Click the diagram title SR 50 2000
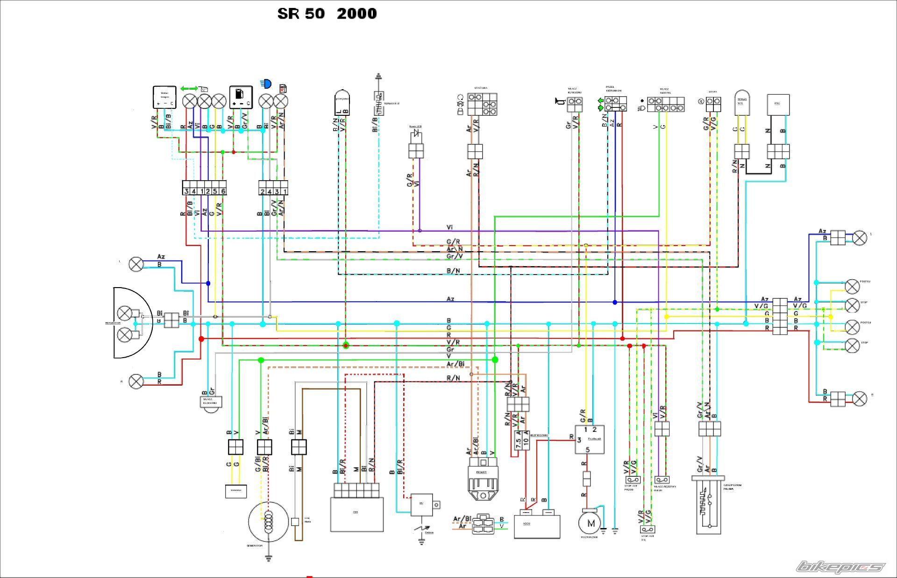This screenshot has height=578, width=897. (327, 14)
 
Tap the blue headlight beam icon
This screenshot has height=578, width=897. (266, 84)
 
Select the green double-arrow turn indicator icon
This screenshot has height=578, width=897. (189, 88)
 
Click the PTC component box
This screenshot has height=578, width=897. (778, 105)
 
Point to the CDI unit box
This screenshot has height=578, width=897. (357, 514)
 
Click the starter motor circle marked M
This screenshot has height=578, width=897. (591, 523)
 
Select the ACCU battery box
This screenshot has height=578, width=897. (537, 526)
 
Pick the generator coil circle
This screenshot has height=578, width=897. (268, 522)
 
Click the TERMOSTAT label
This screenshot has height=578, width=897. (392, 104)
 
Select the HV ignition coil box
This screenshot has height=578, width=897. (421, 504)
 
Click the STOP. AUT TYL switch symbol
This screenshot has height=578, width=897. (647, 529)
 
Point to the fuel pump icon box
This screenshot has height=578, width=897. (241, 97)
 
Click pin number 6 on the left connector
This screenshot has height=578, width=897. (223, 191)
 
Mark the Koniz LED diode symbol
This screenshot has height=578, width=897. (416, 134)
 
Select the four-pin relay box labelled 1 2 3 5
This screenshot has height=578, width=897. (589, 439)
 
